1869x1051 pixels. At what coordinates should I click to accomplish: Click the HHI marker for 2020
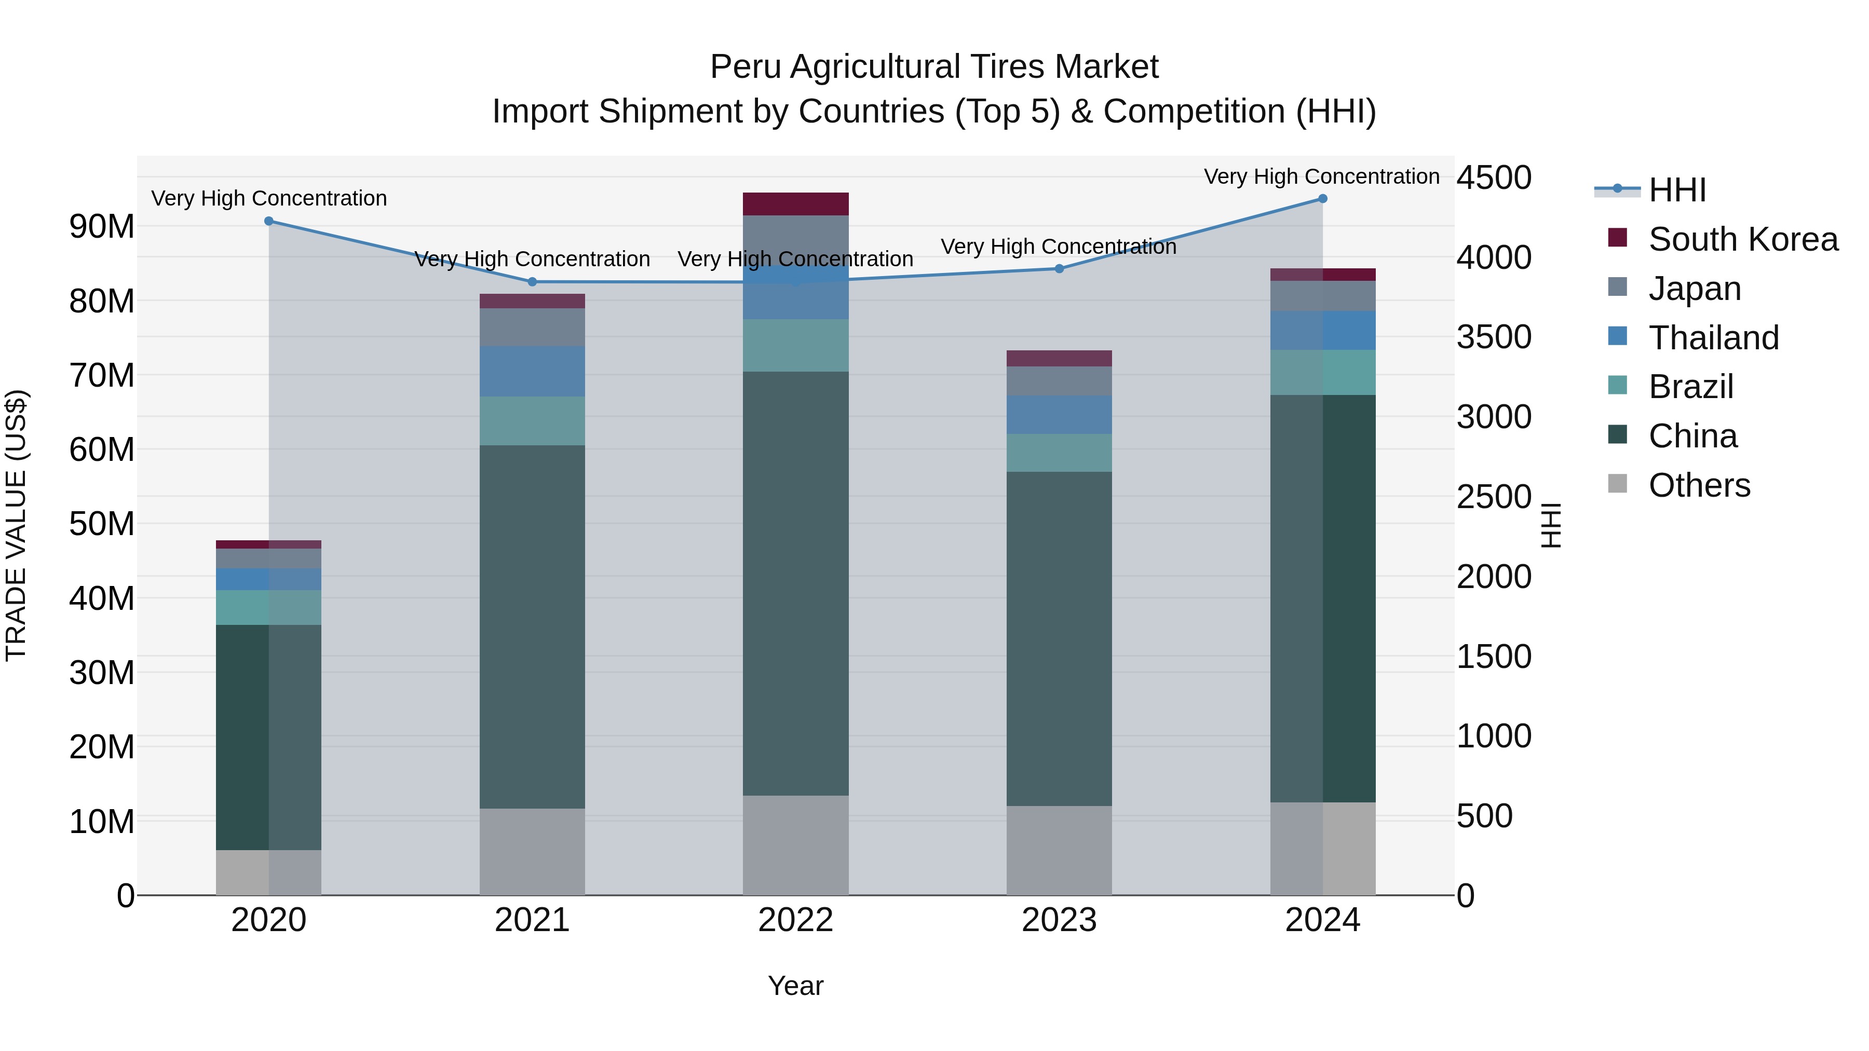click(x=268, y=221)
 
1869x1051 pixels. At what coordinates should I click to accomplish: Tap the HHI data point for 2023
click(x=1059, y=268)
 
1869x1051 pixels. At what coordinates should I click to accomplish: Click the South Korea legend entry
click(x=1743, y=239)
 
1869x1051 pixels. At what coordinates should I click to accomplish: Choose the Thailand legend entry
click(x=1713, y=338)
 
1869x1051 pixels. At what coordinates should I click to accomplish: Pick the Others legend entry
click(x=1699, y=485)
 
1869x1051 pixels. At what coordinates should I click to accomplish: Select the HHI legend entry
click(x=1677, y=190)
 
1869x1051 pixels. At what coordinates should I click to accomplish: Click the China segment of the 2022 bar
click(x=795, y=584)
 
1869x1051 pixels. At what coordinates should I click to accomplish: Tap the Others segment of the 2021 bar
click(x=532, y=852)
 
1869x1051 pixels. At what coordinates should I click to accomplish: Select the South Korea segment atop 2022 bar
click(x=795, y=204)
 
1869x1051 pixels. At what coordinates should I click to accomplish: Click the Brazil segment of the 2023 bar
click(x=1059, y=453)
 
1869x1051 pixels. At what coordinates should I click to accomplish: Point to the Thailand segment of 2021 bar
click(x=532, y=372)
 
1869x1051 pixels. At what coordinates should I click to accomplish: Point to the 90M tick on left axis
click(x=102, y=227)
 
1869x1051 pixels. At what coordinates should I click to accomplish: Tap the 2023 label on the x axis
click(x=1059, y=920)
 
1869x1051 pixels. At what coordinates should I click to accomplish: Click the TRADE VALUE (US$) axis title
click(x=16, y=525)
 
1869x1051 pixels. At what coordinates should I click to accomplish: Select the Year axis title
click(x=795, y=986)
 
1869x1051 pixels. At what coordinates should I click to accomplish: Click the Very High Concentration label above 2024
click(x=1321, y=176)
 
